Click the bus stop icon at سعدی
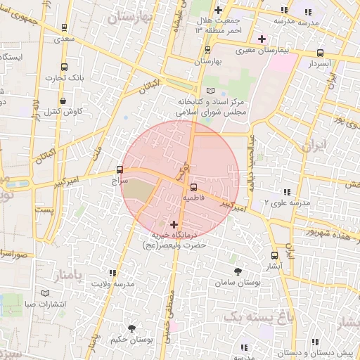65,28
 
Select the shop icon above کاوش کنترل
63,101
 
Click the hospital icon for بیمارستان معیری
262,38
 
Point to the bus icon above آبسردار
321,53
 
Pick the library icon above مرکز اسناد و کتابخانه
212,91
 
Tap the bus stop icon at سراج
119,169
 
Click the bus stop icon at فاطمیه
193,186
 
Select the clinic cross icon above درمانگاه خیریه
175,224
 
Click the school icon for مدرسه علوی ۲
286,191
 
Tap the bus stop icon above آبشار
274,256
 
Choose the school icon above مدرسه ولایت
112,273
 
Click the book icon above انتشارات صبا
46,292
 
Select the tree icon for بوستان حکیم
131,328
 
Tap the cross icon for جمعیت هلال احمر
219,10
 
